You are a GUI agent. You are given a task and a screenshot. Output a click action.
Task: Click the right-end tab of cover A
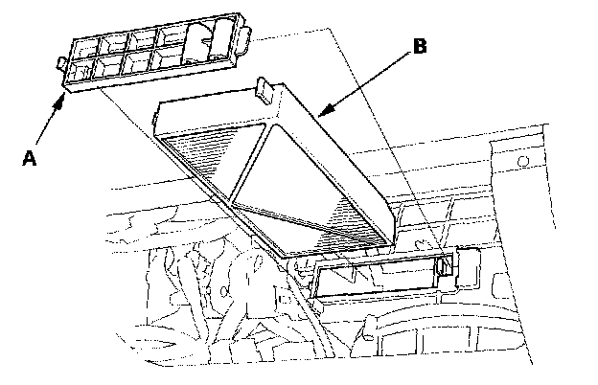[x=248, y=41]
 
